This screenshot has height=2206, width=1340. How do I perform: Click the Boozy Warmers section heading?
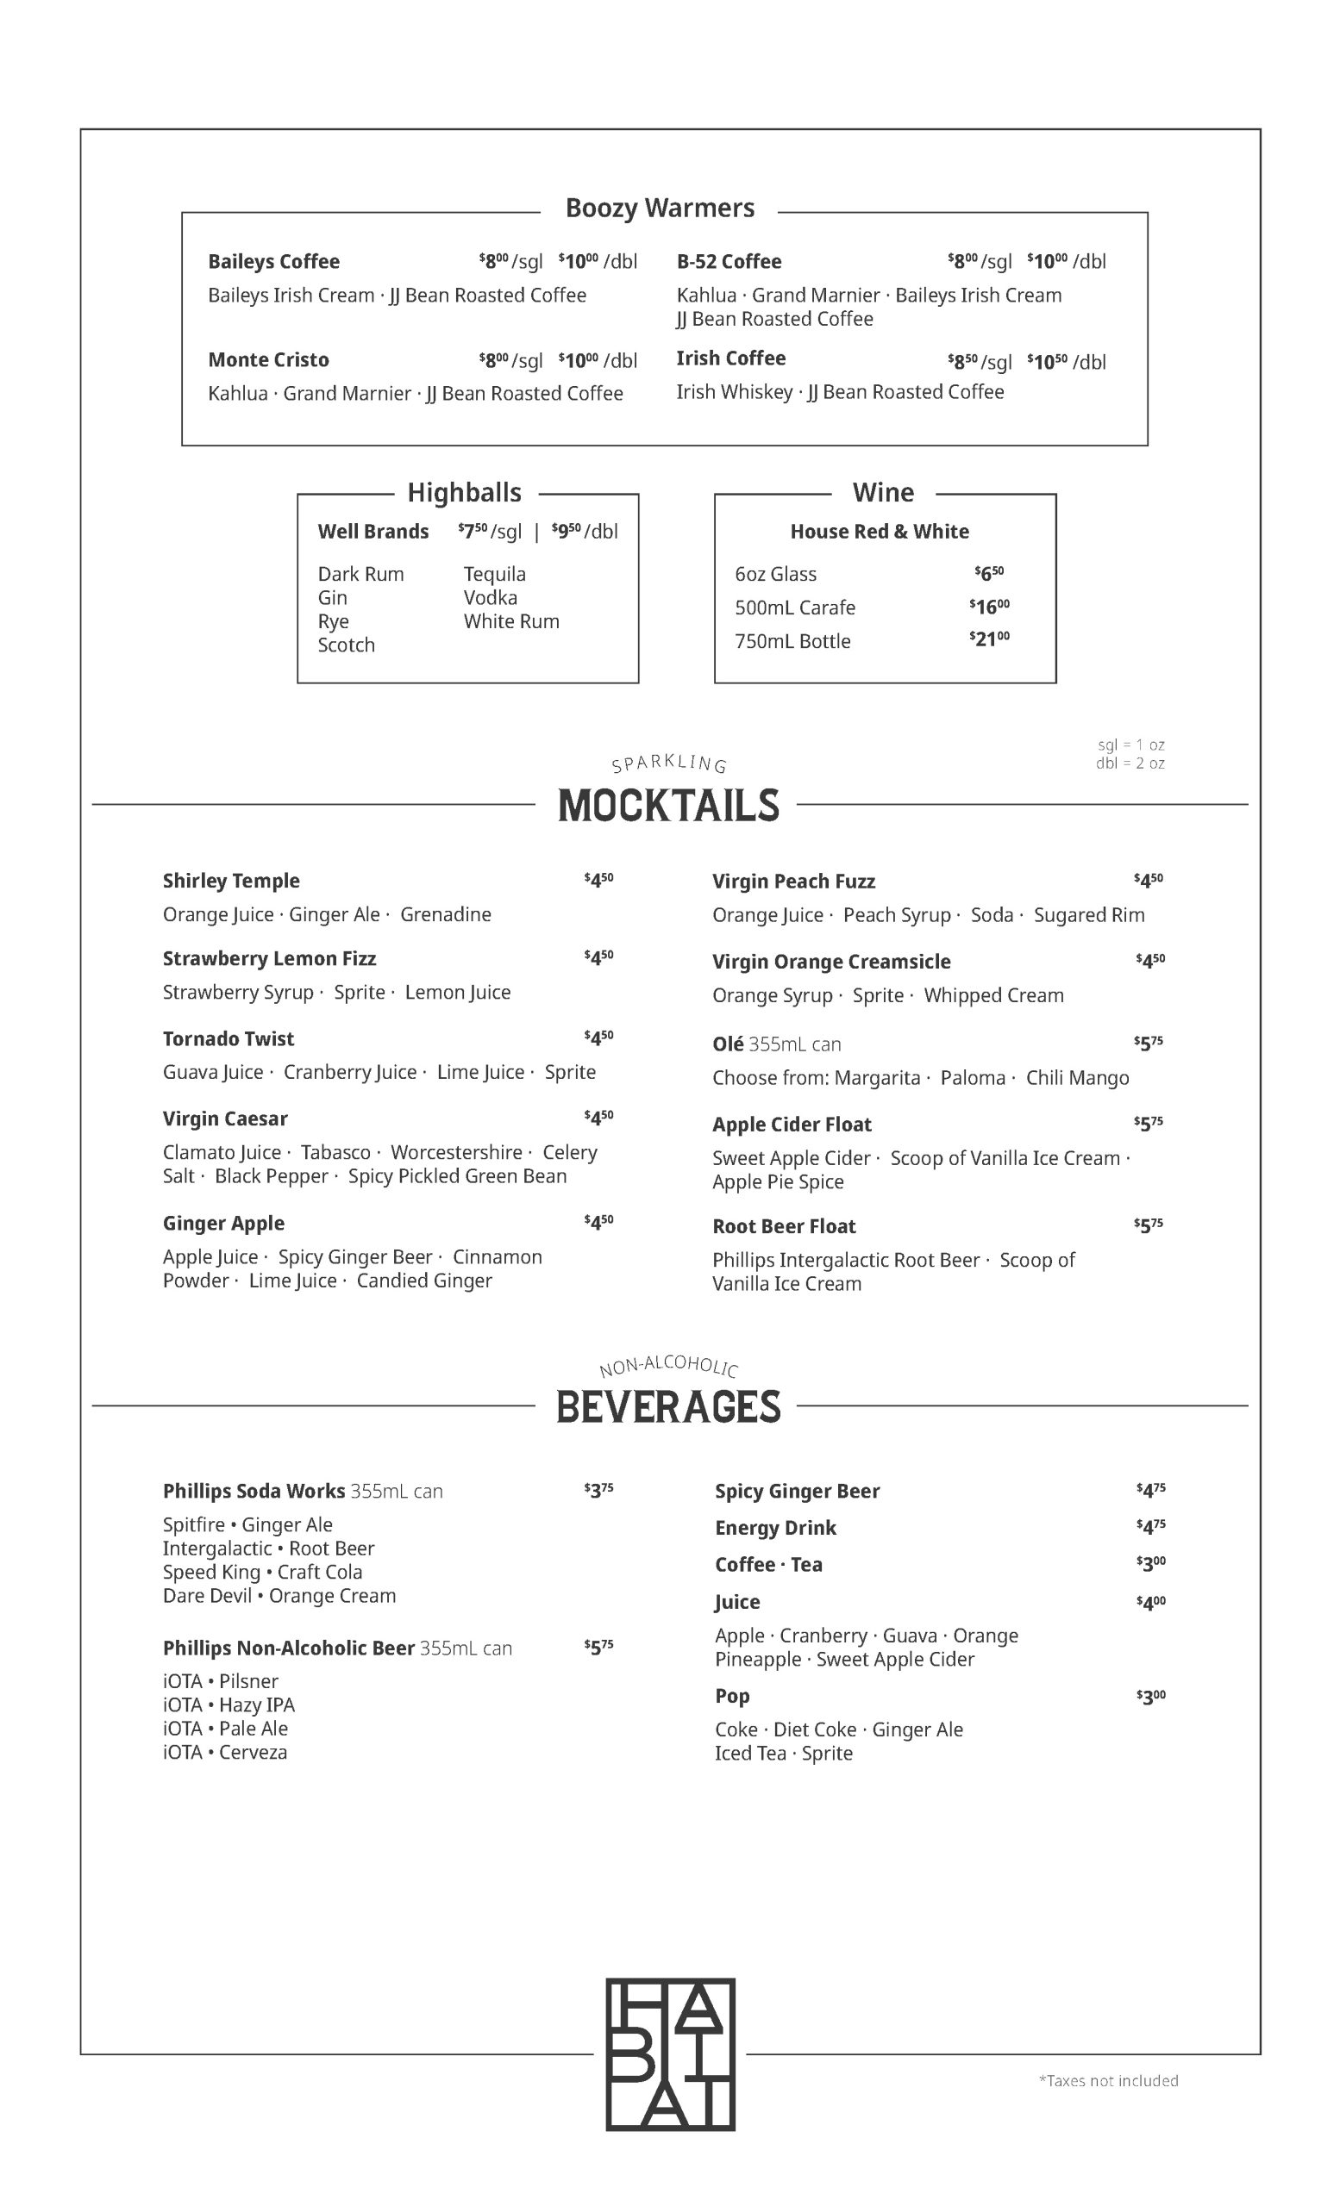click(x=660, y=208)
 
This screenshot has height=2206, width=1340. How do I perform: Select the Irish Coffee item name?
click(x=730, y=358)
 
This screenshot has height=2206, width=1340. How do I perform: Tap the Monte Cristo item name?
click(x=268, y=360)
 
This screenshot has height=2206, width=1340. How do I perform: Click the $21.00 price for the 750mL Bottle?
click(x=989, y=639)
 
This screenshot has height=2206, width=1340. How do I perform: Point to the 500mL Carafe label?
click(x=794, y=608)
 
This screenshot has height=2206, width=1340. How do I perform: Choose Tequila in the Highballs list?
click(x=494, y=574)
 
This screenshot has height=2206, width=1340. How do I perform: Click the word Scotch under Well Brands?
click(x=346, y=645)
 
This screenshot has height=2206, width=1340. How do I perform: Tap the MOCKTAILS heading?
click(x=668, y=806)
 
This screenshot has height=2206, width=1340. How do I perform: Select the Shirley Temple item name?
click(x=231, y=881)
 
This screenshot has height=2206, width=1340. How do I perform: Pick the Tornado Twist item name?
click(x=229, y=1038)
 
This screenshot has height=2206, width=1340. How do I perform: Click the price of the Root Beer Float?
click(x=1149, y=1225)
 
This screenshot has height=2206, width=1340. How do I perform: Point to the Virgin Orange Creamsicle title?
click(x=830, y=962)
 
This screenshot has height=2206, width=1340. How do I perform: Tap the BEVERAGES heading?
click(x=668, y=1406)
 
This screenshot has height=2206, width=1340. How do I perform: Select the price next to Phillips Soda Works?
click(x=598, y=1490)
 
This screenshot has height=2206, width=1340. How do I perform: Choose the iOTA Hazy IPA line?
click(x=229, y=1704)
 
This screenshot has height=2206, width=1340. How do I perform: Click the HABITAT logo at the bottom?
click(x=670, y=2053)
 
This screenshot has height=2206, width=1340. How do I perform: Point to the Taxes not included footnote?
click(x=1108, y=2081)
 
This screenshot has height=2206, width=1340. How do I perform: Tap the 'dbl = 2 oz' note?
click(x=1130, y=763)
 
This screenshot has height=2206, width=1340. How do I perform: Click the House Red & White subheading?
click(x=879, y=532)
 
